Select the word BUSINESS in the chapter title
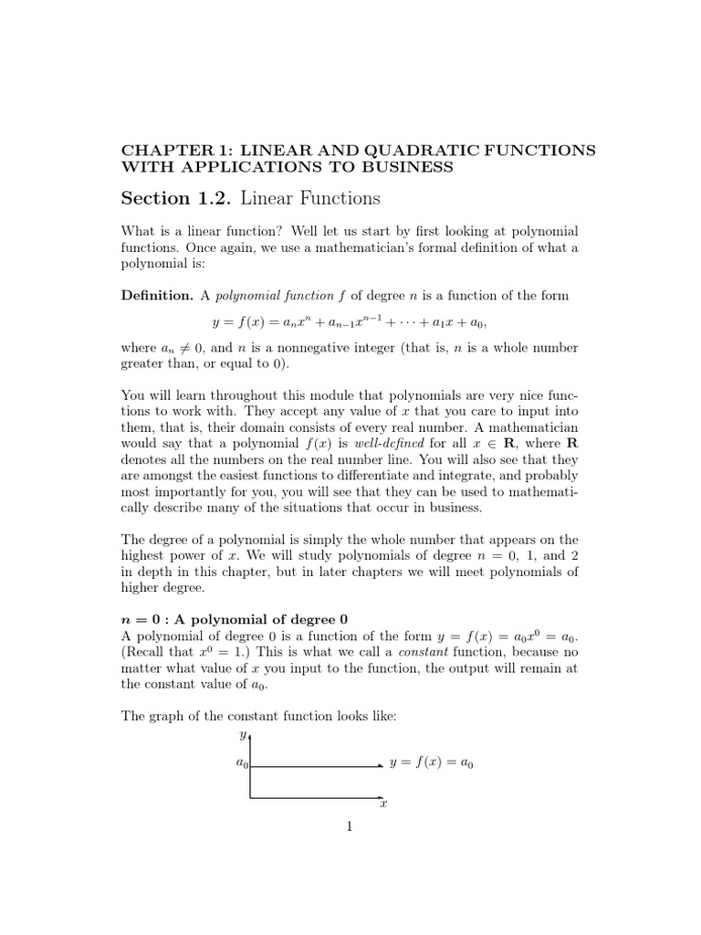click(405, 166)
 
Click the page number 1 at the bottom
click(349, 826)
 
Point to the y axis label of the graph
click(242, 735)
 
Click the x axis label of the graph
click(383, 804)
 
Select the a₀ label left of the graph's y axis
click(242, 765)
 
